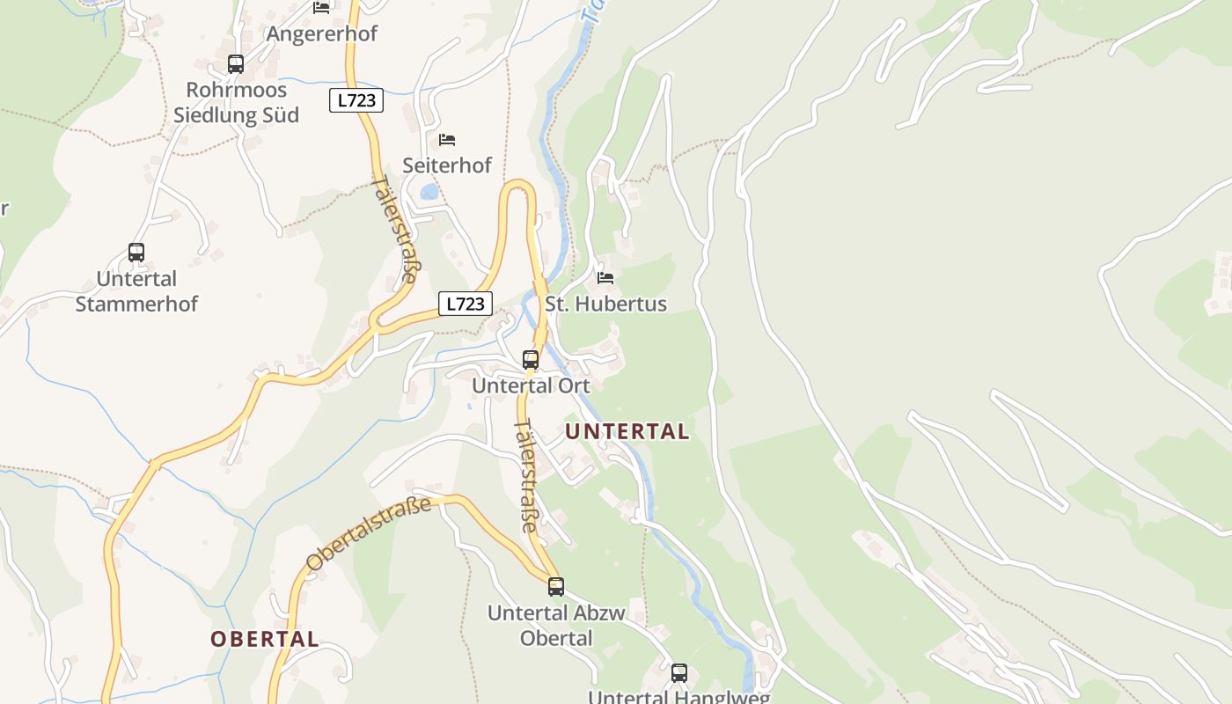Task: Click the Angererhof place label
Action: [x=321, y=33]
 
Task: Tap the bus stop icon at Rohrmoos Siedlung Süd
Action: [x=235, y=64]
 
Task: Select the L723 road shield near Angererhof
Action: [x=357, y=100]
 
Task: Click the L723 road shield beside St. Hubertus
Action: [x=466, y=304]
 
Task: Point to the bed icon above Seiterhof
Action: [x=447, y=140]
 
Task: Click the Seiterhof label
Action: [x=447, y=165]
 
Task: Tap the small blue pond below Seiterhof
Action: [x=429, y=192]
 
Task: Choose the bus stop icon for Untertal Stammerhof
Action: [x=136, y=253]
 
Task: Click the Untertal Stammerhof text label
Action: [x=136, y=291]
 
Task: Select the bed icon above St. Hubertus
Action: [x=605, y=278]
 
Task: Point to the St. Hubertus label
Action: [x=606, y=304]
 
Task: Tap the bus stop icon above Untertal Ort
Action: [x=531, y=360]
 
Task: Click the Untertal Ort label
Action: [x=531, y=385]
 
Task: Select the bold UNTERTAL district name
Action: [x=627, y=432]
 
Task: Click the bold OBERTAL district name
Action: [x=264, y=640]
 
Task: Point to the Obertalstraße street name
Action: [x=369, y=532]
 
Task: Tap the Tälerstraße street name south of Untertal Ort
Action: [x=526, y=475]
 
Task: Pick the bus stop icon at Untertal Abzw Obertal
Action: [x=556, y=587]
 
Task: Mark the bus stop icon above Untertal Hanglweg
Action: [x=678, y=673]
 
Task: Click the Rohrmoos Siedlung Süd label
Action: [x=236, y=102]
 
